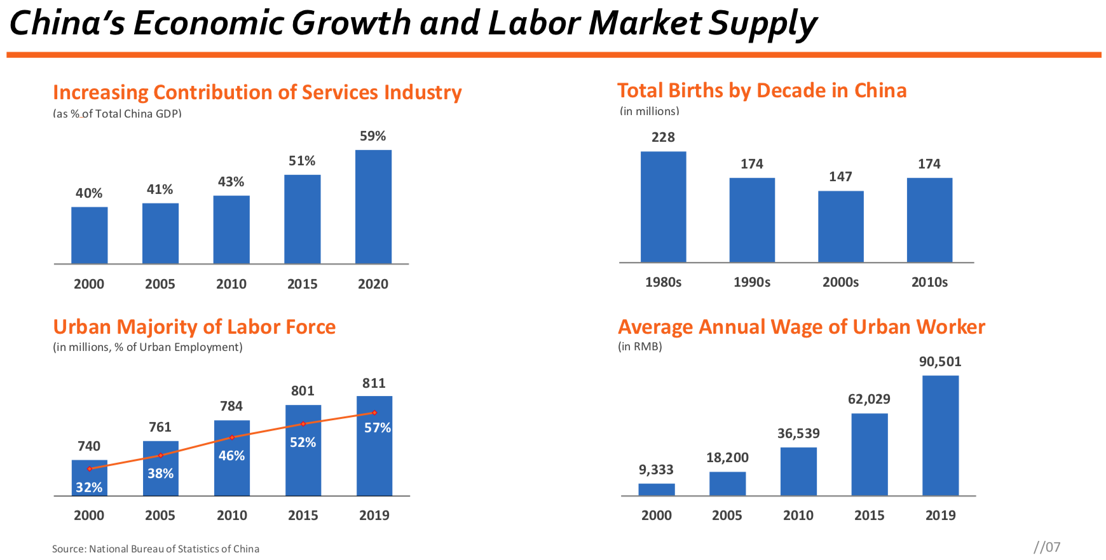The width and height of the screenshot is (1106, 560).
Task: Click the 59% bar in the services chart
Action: coord(373,207)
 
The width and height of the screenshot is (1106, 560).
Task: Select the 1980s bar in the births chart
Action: coord(663,207)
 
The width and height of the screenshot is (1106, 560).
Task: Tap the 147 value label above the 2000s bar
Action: coord(840,177)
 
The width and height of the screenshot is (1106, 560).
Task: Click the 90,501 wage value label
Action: coord(940,362)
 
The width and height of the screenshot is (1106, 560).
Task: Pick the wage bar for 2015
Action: coord(869,454)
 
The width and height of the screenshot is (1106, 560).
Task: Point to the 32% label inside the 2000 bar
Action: coord(89,487)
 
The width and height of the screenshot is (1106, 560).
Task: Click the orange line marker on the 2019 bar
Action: coord(374,413)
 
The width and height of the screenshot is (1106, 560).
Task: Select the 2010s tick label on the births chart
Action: coord(929,282)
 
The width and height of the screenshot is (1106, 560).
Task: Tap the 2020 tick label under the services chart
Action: coord(373,284)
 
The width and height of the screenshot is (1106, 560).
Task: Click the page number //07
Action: coord(1047,547)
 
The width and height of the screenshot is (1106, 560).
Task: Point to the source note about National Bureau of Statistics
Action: coord(156,549)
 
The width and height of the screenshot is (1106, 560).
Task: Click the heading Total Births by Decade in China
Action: coord(761,90)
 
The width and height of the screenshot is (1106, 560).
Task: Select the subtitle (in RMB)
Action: coord(640,346)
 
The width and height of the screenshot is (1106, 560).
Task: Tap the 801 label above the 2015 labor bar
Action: coord(303,391)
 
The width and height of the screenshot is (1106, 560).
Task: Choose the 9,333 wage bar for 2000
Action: coord(657,489)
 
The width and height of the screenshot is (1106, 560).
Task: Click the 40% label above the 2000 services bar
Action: coord(89,193)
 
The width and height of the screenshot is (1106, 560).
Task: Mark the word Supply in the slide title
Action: coord(763,24)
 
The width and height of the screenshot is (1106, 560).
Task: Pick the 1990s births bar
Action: coord(752,220)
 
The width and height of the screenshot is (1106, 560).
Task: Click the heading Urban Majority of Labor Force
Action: coord(195,327)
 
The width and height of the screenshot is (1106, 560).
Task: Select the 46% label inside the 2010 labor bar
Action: coord(231,456)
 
